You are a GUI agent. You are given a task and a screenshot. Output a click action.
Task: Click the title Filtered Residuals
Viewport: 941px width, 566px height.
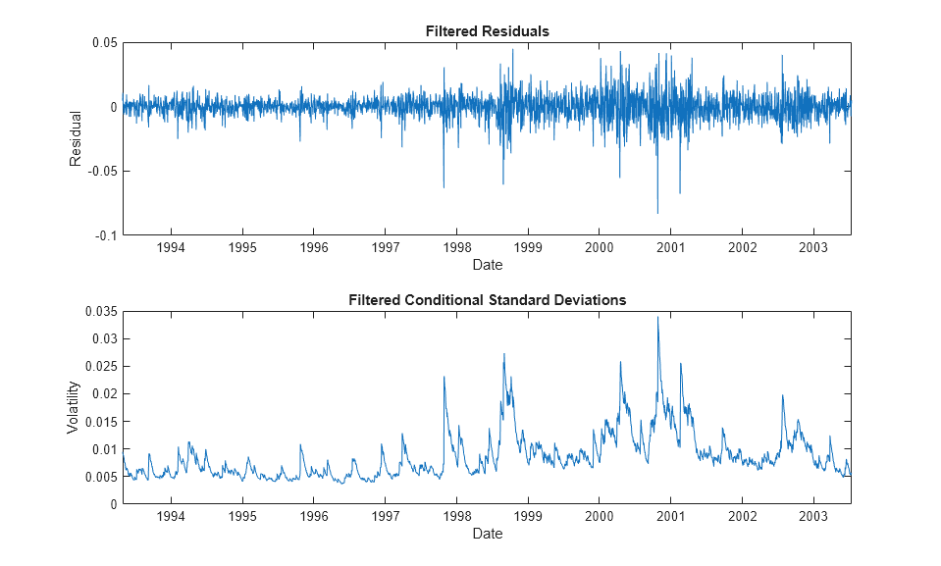pos(487,31)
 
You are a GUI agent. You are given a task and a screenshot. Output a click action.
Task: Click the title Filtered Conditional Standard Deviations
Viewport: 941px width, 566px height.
pos(487,300)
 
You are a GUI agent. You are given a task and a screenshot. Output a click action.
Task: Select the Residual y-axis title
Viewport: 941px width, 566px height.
pos(76,139)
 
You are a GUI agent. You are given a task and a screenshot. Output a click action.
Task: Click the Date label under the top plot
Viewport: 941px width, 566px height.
pos(487,265)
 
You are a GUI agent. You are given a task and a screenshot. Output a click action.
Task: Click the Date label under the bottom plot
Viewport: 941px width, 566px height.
pos(487,534)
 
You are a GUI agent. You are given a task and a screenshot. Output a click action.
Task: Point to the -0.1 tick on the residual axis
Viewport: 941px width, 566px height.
pos(105,235)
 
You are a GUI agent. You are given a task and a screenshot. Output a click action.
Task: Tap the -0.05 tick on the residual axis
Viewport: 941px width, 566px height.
pos(102,172)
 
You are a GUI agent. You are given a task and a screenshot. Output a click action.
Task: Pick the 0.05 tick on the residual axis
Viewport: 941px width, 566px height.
pos(105,43)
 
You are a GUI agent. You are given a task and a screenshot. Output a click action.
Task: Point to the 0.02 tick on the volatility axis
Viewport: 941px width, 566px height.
pos(105,393)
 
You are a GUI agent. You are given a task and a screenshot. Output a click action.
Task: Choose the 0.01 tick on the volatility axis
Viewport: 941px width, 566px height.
pos(105,449)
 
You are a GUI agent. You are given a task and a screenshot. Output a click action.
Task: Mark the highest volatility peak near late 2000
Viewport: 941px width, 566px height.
pos(657,317)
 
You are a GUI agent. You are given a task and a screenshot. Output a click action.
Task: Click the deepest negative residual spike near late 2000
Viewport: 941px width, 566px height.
pos(657,213)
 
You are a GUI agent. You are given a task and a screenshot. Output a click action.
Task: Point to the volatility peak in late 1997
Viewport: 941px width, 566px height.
pos(444,377)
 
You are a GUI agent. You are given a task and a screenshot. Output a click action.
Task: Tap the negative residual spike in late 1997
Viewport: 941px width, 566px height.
pos(444,187)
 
